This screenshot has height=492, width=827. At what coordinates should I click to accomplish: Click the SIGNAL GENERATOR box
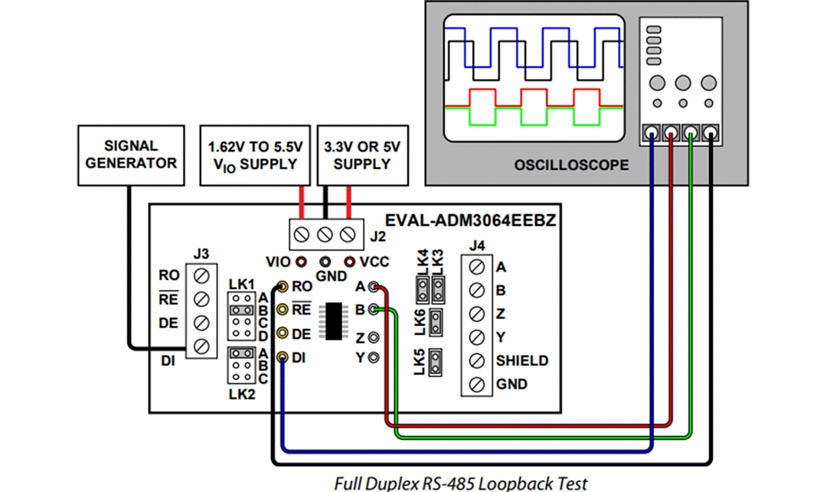(x=131, y=155)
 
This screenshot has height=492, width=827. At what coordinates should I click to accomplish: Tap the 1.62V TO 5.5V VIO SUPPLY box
(x=255, y=155)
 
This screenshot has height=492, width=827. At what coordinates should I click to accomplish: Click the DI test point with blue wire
(x=283, y=357)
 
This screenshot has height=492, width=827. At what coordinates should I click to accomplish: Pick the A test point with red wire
(x=374, y=288)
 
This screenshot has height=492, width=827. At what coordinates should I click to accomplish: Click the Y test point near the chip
(x=374, y=357)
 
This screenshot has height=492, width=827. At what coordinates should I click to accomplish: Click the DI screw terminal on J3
(x=203, y=346)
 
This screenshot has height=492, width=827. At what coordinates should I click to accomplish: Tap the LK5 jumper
(x=436, y=363)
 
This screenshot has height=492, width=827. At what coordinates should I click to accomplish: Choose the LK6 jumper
(x=436, y=322)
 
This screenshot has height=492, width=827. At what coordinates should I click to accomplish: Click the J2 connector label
(x=378, y=237)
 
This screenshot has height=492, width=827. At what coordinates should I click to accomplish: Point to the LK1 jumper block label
(x=241, y=285)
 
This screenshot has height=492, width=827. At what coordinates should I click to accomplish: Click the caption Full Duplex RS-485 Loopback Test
(x=461, y=483)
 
